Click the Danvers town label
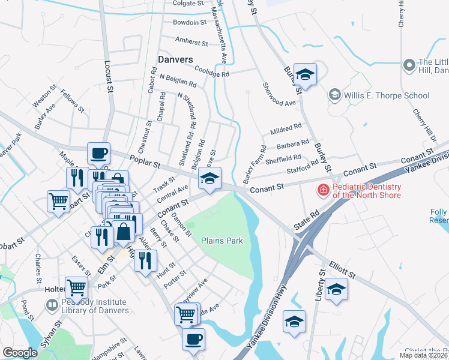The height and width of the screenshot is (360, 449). pos(175,59)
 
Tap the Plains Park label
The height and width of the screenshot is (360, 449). pos(222,241)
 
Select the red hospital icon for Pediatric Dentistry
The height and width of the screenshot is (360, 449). pos(323,190)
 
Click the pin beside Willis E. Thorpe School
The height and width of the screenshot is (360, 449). pos(334,95)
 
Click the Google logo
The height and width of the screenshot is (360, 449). pos(20,353)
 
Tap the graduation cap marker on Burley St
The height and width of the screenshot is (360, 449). pos(305,75)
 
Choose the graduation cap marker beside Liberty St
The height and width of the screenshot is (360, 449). pos(336,290)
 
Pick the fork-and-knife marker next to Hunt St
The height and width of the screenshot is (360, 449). pos(145,260)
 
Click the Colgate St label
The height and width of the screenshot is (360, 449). pos(188,3)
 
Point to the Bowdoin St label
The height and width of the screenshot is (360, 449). pos(189,22)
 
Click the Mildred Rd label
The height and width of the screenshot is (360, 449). pos(286,128)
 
